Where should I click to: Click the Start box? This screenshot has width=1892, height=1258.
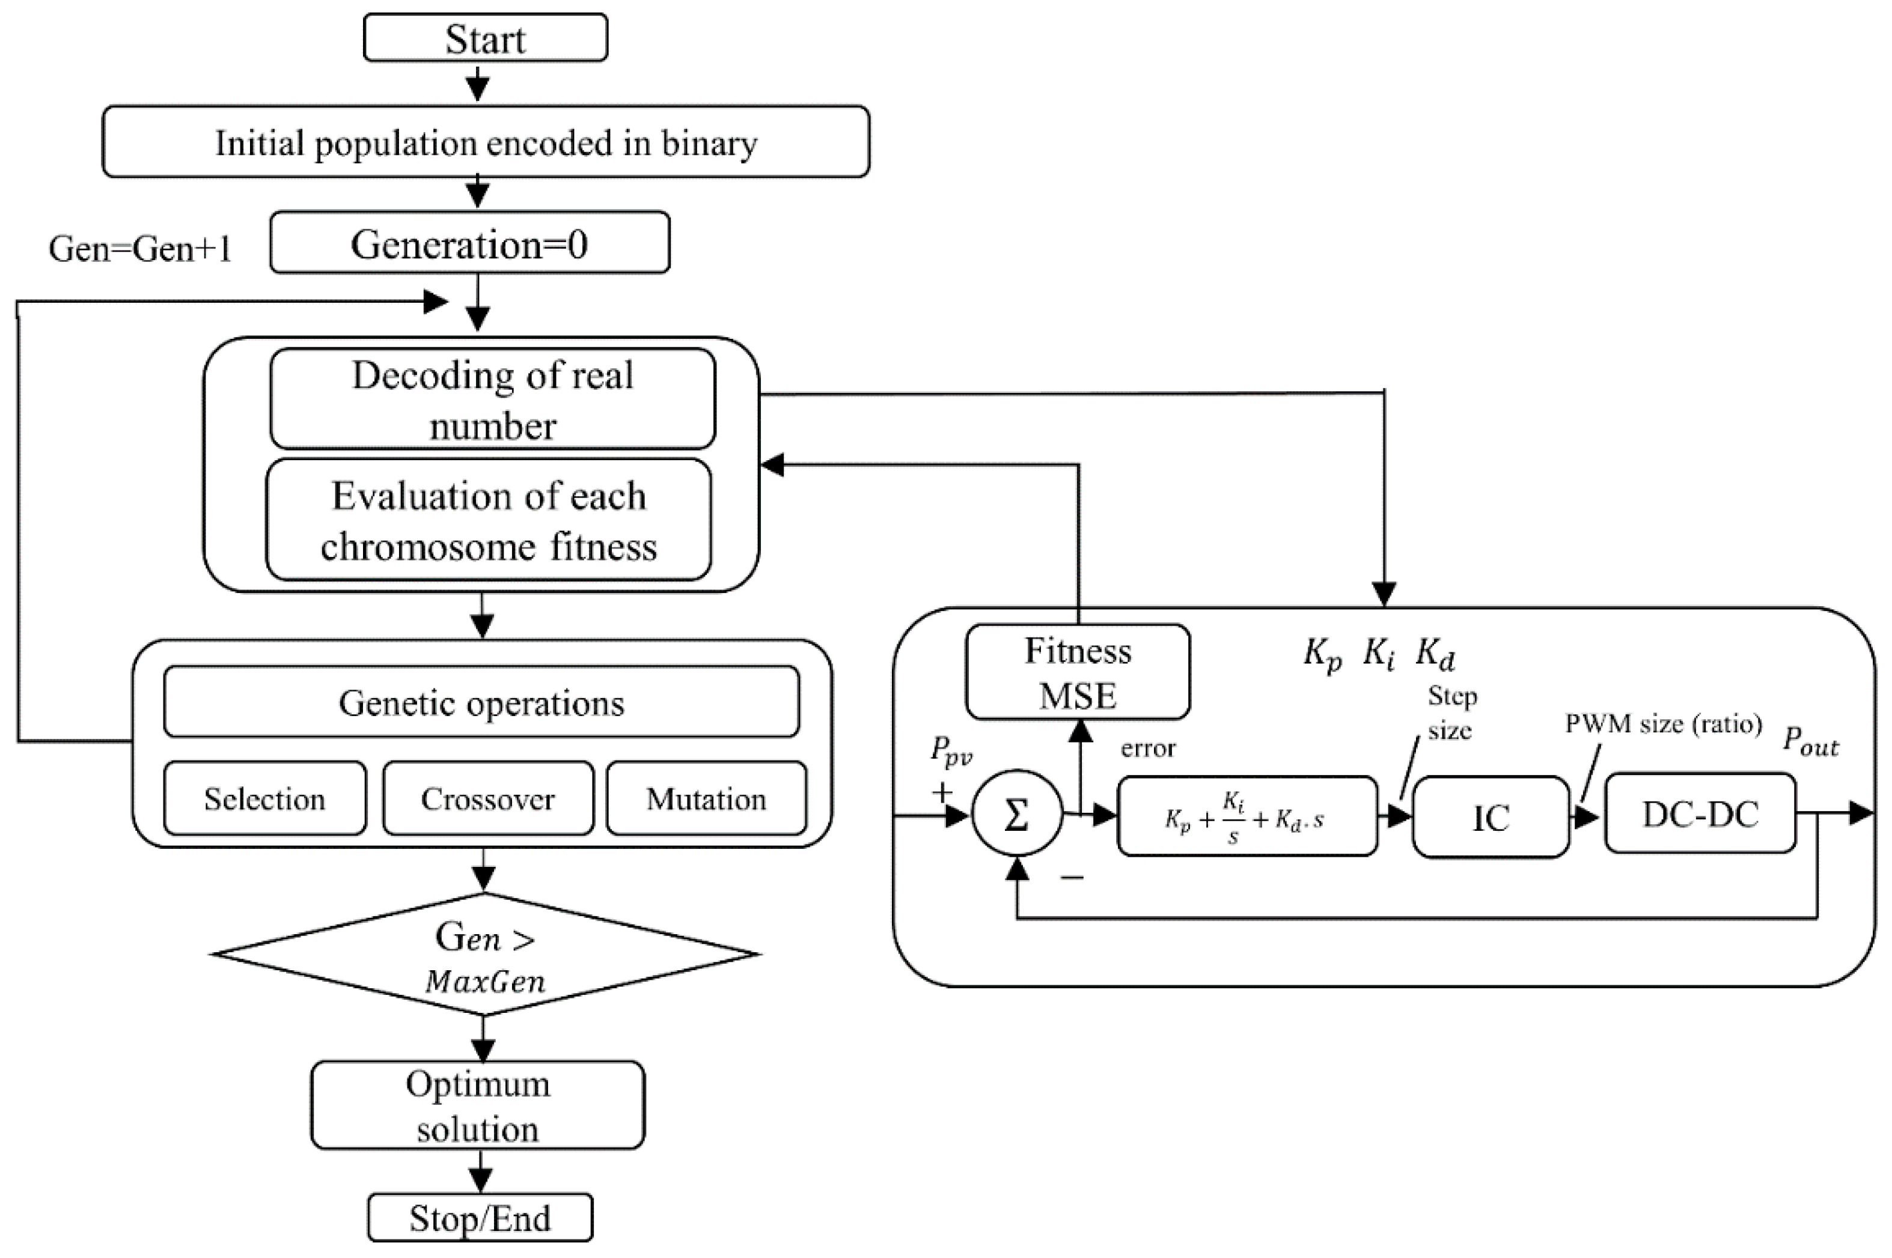click(x=485, y=38)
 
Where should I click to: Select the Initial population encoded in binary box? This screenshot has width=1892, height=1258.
click(x=485, y=142)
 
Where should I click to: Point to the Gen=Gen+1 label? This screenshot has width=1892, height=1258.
click(x=141, y=249)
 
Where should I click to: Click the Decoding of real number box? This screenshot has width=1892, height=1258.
click(x=492, y=399)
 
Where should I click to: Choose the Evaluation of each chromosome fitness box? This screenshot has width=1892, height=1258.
click(x=488, y=520)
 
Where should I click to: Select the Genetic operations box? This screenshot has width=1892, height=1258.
click(x=481, y=702)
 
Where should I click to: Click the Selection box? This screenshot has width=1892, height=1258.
click(x=265, y=798)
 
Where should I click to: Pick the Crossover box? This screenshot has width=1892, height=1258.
click(x=487, y=798)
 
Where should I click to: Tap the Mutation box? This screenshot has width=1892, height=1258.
click(x=706, y=798)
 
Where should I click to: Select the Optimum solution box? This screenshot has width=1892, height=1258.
click(x=478, y=1105)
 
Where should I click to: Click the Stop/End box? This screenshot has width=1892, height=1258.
click(x=480, y=1218)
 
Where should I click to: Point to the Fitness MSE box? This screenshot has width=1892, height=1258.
click(x=1077, y=672)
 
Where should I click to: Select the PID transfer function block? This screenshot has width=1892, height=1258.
click(x=1247, y=816)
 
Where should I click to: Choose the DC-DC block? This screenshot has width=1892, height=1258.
click(x=1699, y=813)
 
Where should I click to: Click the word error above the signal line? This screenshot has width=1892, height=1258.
click(x=1147, y=749)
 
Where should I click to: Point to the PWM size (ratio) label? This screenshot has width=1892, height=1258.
click(x=1662, y=724)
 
